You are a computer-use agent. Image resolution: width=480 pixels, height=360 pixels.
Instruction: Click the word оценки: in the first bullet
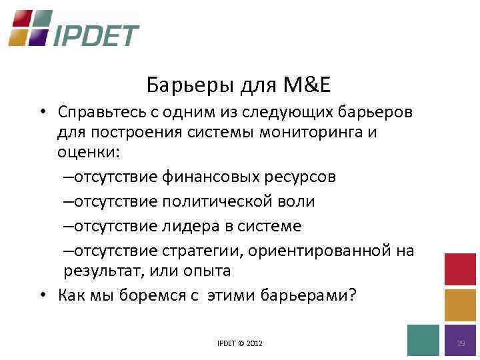[87, 153]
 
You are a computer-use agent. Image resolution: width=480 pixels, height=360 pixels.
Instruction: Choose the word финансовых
[203, 177]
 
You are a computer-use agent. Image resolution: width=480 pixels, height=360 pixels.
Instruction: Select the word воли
[297, 201]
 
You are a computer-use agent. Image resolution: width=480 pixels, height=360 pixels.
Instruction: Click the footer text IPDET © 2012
[240, 343]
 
